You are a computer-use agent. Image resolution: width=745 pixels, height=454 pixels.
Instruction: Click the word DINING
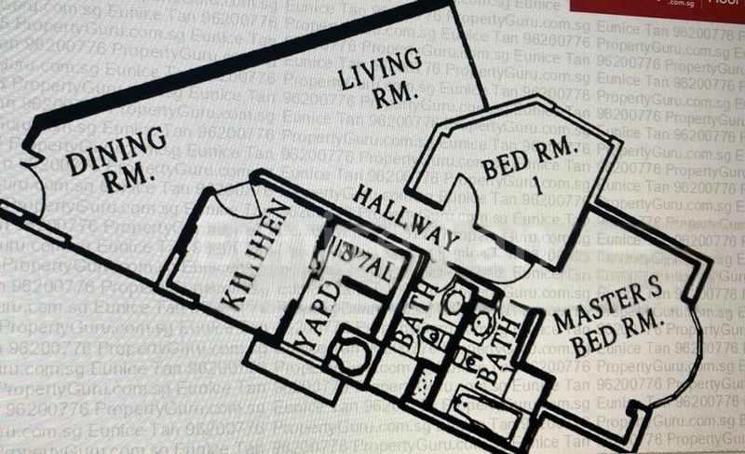[116, 149]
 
